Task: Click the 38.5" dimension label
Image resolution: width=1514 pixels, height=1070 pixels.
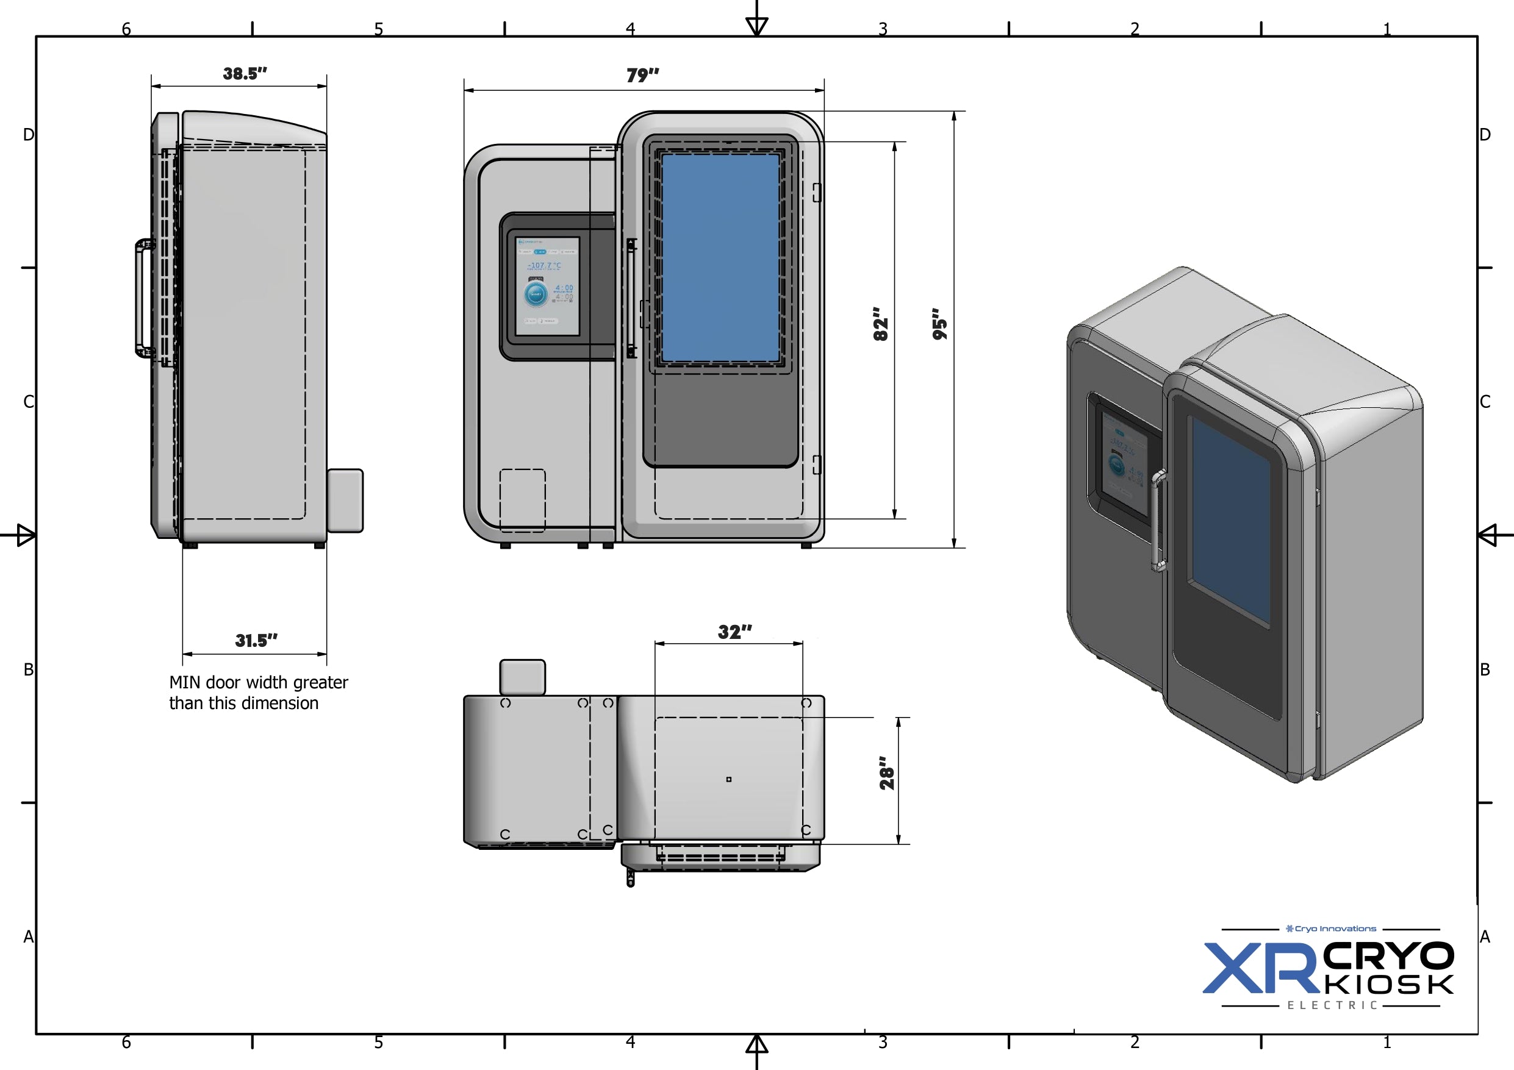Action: pyautogui.click(x=245, y=73)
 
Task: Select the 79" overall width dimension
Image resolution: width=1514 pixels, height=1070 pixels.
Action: pyautogui.click(x=642, y=75)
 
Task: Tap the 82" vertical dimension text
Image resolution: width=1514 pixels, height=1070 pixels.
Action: pyautogui.click(x=880, y=324)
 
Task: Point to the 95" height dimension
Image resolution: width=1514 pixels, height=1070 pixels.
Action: pyautogui.click(x=939, y=324)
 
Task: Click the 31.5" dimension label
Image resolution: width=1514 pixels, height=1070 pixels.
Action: pyautogui.click(x=256, y=640)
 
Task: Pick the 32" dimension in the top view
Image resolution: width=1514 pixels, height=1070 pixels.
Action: pyautogui.click(x=734, y=632)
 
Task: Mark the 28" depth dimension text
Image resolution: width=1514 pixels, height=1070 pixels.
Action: pyautogui.click(x=887, y=773)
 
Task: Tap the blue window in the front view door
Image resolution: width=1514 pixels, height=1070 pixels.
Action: pyautogui.click(x=720, y=258)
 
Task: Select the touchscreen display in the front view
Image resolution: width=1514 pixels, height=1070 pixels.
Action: pyautogui.click(x=547, y=286)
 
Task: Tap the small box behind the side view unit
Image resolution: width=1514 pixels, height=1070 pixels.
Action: pyautogui.click(x=345, y=501)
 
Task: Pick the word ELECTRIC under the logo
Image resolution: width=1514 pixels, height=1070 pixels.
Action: pyautogui.click(x=1332, y=1005)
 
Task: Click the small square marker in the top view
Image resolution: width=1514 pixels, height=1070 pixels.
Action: pyautogui.click(x=729, y=779)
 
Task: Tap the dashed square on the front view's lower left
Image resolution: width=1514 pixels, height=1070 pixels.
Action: pyautogui.click(x=522, y=501)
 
